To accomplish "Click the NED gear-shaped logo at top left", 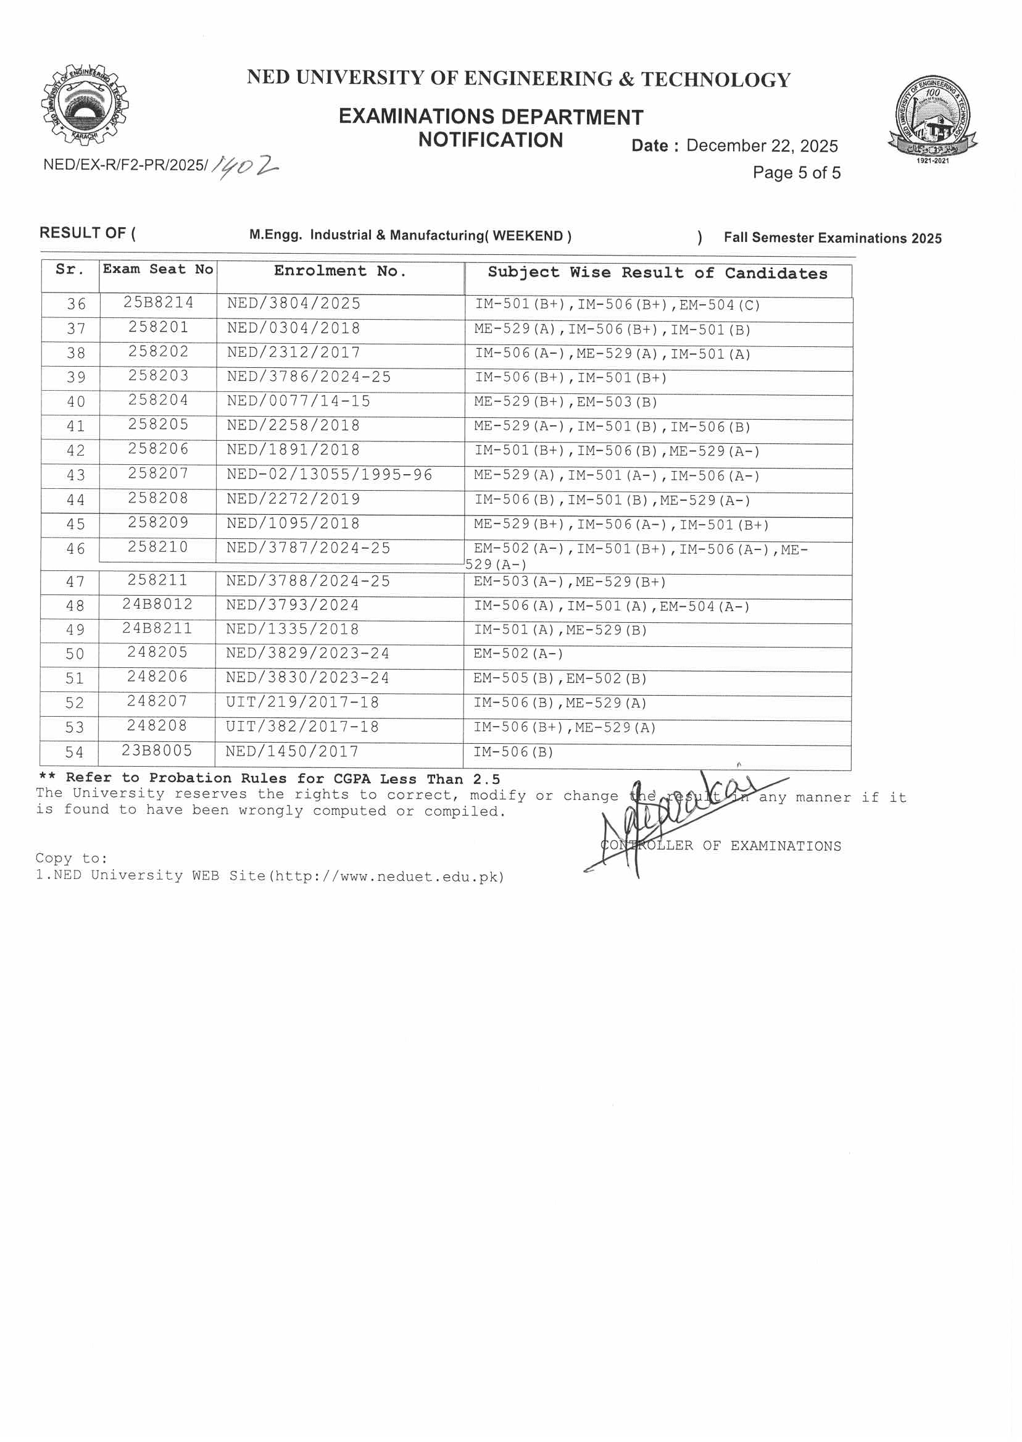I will (x=85, y=105).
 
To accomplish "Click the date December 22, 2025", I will (x=762, y=146).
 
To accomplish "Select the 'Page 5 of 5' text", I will (x=796, y=173).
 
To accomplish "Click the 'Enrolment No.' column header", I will (x=340, y=271).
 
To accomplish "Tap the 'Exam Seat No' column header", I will (x=158, y=269).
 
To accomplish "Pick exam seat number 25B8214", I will (x=158, y=302).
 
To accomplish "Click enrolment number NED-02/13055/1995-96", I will (x=329, y=475).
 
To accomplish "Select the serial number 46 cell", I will (x=75, y=549).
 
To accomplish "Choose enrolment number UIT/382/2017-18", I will (x=302, y=727).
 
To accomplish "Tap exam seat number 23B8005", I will (x=157, y=751).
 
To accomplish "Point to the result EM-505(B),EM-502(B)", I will (x=560, y=678).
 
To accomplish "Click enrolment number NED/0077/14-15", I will (x=298, y=402).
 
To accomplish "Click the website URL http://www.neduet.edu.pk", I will (x=386, y=877).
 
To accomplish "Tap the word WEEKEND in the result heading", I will (x=528, y=236).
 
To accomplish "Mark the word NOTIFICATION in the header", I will (x=490, y=140).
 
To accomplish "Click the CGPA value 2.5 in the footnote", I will (x=486, y=779).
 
